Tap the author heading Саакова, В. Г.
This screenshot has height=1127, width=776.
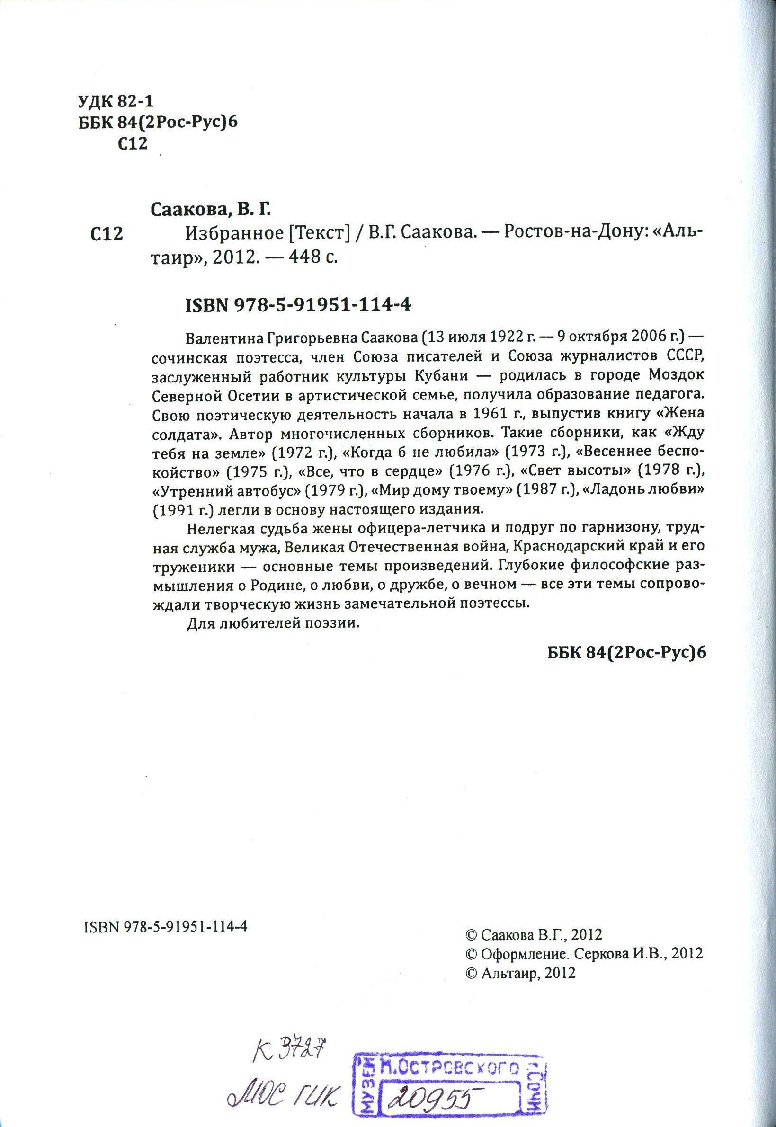pos(210,211)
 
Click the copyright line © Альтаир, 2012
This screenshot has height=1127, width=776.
pos(520,959)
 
